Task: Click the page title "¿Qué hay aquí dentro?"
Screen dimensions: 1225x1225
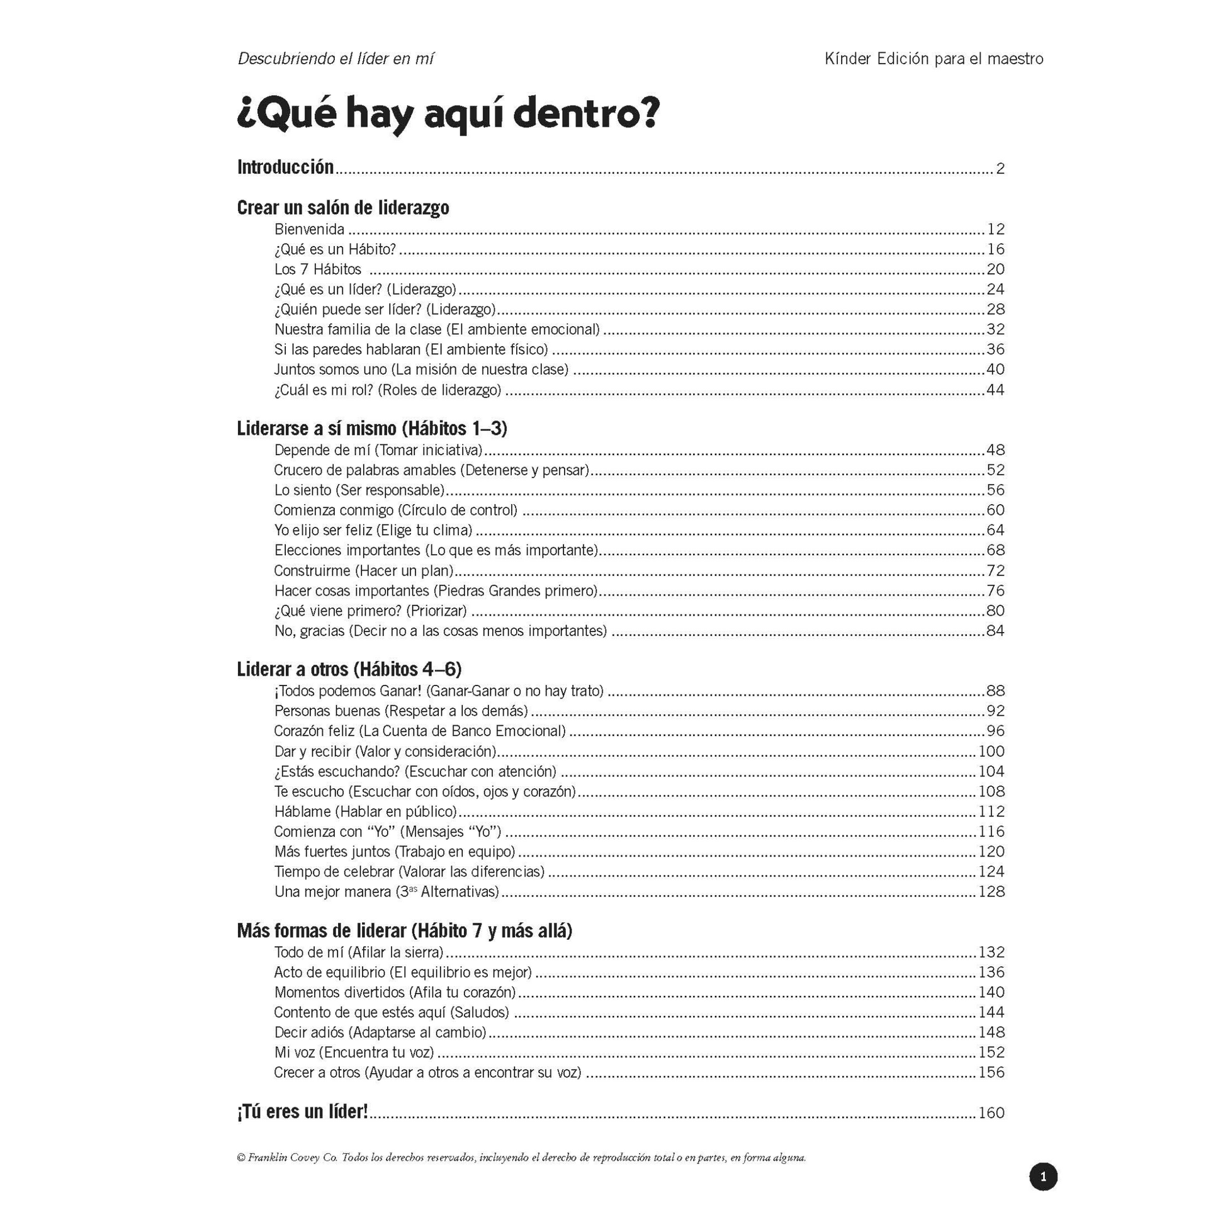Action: coord(448,114)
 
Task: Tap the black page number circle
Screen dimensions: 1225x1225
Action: coord(1043,1177)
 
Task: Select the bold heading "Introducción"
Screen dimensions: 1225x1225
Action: coord(285,167)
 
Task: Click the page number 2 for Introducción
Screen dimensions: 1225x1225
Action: coord(1000,169)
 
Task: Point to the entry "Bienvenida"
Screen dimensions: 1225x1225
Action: coord(310,230)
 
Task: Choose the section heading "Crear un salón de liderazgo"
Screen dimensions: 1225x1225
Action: coord(343,207)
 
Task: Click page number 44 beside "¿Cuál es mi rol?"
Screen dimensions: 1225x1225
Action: coord(995,390)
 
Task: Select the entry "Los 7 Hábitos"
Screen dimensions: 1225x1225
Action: coord(318,269)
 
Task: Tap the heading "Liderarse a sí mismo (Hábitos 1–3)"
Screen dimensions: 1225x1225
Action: coord(372,429)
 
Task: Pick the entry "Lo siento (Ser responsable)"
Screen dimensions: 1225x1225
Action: coord(359,490)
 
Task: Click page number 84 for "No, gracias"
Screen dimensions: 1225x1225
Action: coord(995,631)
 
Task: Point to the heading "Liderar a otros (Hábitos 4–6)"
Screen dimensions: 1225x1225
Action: coord(349,670)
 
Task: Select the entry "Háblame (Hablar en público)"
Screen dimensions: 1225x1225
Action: coord(366,811)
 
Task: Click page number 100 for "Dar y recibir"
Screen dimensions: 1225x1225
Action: coord(991,752)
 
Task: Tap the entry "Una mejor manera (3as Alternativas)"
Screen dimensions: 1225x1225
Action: coord(387,892)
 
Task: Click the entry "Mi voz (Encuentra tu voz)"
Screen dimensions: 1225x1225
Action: coord(354,1053)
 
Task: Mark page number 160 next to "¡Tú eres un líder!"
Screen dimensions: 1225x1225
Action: coord(991,1113)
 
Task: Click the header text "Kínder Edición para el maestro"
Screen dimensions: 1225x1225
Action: coord(934,59)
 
